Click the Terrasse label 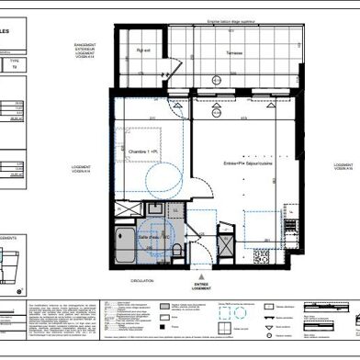pyautogui.click(x=235, y=52)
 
